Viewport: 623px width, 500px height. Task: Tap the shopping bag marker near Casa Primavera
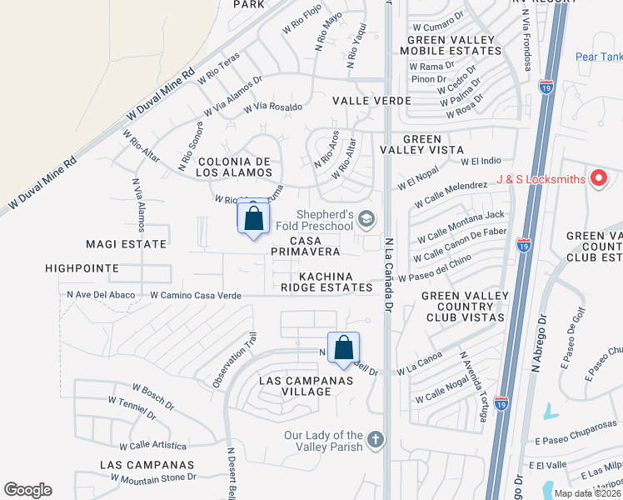point(254,219)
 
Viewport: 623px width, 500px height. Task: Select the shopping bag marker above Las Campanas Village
point(343,348)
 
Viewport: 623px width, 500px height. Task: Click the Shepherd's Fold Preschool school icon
point(367,218)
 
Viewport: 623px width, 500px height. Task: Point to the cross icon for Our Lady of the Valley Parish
point(376,439)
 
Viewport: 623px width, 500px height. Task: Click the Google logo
point(27,490)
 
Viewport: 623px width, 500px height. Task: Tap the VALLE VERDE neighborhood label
point(371,100)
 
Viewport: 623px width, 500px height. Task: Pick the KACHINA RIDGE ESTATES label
point(327,282)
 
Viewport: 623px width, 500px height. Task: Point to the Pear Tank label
point(598,57)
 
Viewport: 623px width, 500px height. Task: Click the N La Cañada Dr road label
point(388,275)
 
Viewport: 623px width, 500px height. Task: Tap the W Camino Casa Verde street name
point(196,295)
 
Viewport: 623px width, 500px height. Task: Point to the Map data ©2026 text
point(587,493)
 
